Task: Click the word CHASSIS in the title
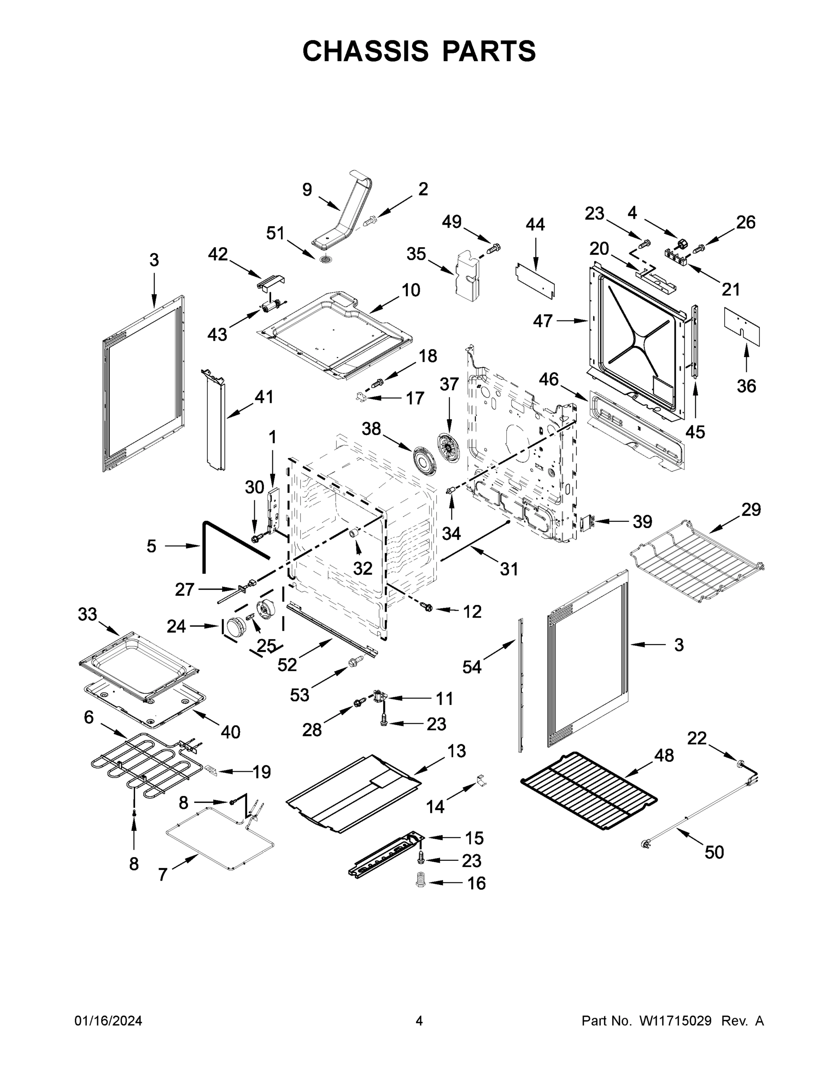pyautogui.click(x=365, y=51)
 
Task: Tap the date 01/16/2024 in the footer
pyautogui.click(x=108, y=1021)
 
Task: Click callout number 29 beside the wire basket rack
pyautogui.click(x=751, y=509)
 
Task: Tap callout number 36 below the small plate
pyautogui.click(x=746, y=386)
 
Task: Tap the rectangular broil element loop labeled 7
pyautogui.click(x=219, y=840)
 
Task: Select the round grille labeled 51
pyautogui.click(x=326, y=259)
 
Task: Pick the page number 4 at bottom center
pyautogui.click(x=419, y=1021)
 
